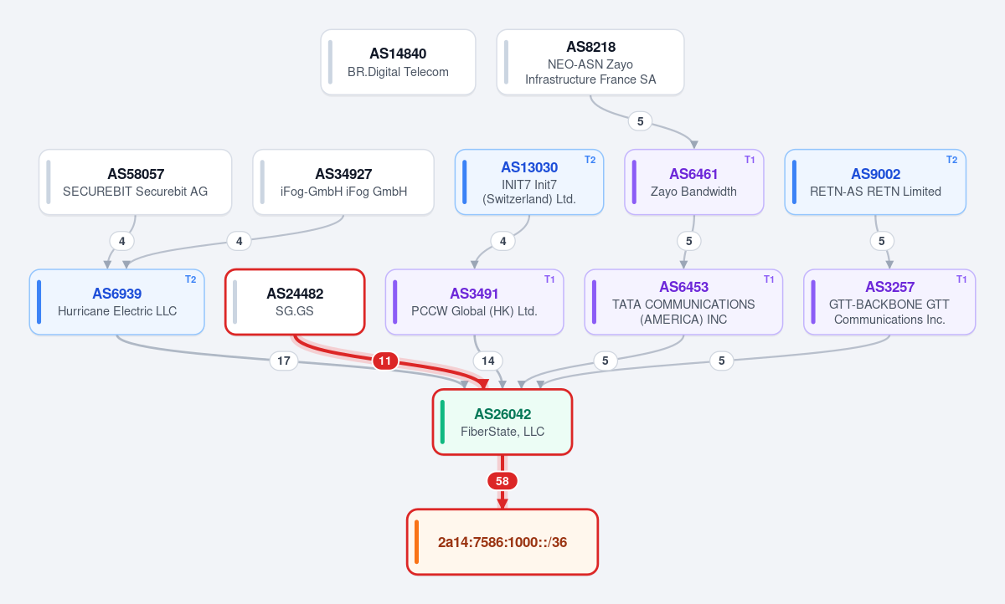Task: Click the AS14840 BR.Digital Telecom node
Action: (398, 62)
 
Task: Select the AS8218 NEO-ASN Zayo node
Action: (590, 62)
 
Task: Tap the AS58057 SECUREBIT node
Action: (135, 182)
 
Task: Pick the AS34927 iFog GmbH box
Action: (343, 182)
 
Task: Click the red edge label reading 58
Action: (502, 481)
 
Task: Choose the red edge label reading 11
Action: (385, 361)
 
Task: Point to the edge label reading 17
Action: (284, 361)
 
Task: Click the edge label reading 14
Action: (487, 361)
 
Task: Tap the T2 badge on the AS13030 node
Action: (590, 160)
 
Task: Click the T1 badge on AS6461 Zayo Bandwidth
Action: (750, 160)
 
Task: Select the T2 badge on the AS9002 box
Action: (952, 160)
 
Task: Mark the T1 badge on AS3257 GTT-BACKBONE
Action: (961, 279)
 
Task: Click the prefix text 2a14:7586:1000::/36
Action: (502, 542)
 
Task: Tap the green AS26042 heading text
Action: (502, 414)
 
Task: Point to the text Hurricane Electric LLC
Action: (117, 311)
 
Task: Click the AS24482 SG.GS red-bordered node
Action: (295, 302)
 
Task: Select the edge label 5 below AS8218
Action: (640, 121)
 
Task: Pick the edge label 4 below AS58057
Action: (122, 241)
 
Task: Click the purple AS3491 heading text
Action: (474, 294)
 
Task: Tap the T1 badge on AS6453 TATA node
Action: (769, 279)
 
